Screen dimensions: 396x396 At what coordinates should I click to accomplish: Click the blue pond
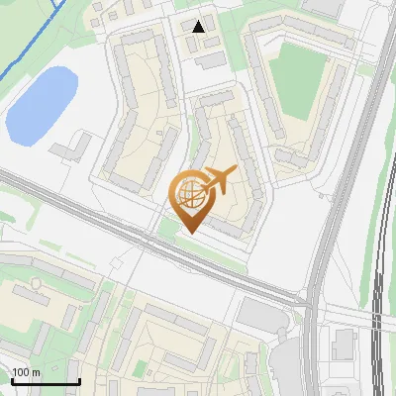42,103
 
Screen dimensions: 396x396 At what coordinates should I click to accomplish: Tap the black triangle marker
199,27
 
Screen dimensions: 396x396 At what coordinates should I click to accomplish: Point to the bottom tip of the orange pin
190,233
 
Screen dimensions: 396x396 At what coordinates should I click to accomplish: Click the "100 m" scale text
25,372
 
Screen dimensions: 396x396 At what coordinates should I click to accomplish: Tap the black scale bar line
45,381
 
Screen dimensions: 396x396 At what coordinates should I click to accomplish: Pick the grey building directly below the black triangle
210,60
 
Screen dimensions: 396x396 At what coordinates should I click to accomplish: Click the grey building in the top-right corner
322,7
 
